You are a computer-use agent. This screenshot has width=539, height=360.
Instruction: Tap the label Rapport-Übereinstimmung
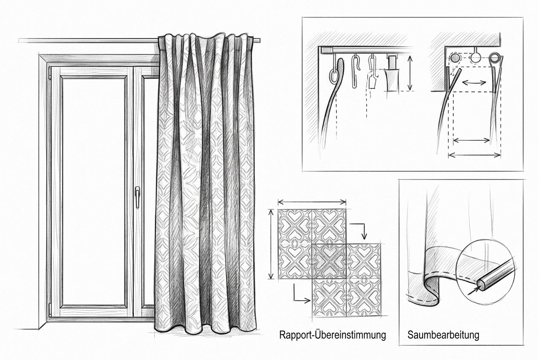pos(333,335)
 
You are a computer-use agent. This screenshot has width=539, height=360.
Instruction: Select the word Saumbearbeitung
pos(443,335)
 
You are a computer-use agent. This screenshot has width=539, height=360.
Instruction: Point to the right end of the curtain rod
pos(260,41)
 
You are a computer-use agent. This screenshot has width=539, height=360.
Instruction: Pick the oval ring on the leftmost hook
pos(333,76)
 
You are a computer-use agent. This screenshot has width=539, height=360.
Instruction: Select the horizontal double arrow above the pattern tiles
pos(312,202)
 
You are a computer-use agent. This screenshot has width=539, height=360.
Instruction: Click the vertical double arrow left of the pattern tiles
pos(271,244)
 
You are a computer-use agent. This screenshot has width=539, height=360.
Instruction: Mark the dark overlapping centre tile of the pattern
pos(329,261)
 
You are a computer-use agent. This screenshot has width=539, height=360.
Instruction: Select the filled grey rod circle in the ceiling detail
pos(455,58)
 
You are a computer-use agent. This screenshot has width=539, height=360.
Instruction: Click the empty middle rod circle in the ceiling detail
pos(475,58)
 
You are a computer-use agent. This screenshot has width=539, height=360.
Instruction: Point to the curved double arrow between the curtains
pos(474,83)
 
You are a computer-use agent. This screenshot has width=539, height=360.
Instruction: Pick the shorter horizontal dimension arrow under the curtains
pos(471,140)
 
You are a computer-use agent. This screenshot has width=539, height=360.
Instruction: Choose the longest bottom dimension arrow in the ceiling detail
pos(475,155)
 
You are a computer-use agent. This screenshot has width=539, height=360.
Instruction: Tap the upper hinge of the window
pos(50,73)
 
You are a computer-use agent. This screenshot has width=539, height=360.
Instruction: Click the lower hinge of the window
pos(50,310)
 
